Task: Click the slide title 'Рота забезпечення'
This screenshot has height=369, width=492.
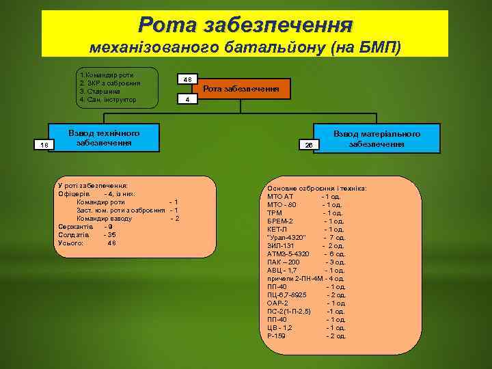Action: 245,25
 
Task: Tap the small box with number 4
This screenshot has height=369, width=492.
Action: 187,100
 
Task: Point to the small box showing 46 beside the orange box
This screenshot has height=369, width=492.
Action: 187,80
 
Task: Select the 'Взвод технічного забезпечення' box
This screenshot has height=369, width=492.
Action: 104,138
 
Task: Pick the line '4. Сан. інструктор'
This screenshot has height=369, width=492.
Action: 108,100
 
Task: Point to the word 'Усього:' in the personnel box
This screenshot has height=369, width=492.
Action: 71,243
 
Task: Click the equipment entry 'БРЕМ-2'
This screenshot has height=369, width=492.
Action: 280,221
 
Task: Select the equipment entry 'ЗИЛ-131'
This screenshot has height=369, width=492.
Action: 281,245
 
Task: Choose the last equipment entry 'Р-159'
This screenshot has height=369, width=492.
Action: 276,336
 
